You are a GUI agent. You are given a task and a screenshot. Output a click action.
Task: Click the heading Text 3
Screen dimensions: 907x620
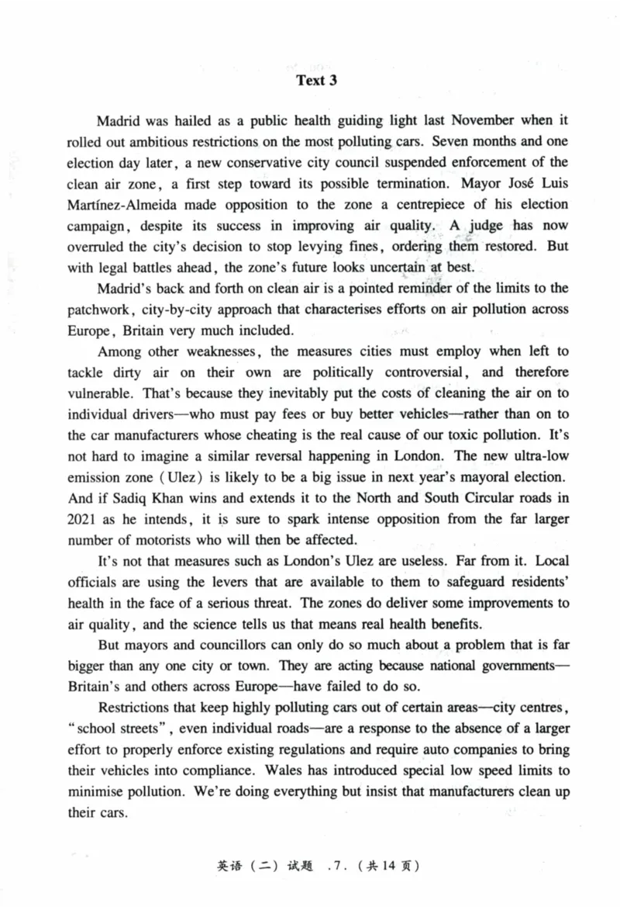(x=317, y=81)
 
